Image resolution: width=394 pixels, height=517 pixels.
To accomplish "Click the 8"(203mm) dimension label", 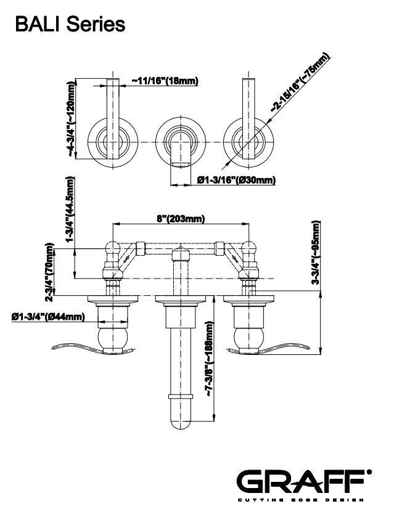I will coord(181,219).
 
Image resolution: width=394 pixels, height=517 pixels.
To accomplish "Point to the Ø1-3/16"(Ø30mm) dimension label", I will coord(236,180).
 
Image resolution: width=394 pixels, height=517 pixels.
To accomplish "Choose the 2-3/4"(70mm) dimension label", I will coord(49,270).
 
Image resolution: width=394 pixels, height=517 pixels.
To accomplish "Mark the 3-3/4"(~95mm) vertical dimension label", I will coord(316,253).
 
